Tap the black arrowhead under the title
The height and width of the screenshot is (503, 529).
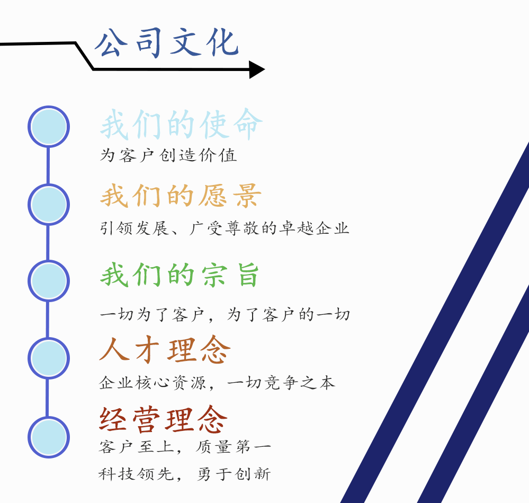pos(257,69)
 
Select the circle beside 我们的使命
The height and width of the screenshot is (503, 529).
pos(49,127)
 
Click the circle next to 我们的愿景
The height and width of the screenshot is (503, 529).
pos(49,204)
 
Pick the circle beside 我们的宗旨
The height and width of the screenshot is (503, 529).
pos(49,280)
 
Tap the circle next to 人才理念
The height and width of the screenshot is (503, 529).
pos(49,358)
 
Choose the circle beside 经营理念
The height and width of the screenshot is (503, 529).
pos(49,437)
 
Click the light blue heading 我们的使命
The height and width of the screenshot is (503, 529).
pos(182,124)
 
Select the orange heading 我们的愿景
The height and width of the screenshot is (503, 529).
pos(181,196)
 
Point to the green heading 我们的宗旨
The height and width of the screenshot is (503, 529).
pos(180,275)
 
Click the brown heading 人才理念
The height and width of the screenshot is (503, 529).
pos(165,349)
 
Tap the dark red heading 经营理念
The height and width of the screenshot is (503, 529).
pos(163,420)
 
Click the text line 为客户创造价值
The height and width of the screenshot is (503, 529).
pos(168,155)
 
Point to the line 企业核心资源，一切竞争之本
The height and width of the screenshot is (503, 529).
pos(217,383)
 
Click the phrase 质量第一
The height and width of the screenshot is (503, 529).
pos(234,447)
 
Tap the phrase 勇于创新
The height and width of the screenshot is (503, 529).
pos(234,474)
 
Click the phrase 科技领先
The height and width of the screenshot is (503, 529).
pos(136,474)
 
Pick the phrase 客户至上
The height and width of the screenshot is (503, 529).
pos(136,447)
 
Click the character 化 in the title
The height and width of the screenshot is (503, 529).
pos(222,42)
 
